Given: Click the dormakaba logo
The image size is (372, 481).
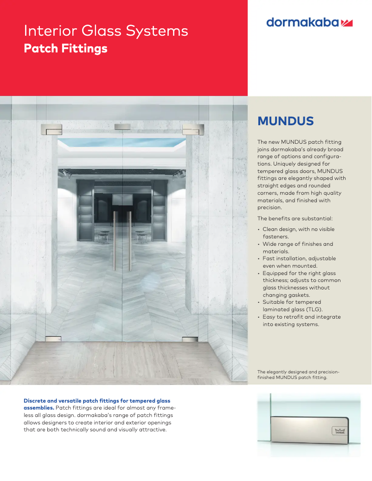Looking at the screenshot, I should point(309,22).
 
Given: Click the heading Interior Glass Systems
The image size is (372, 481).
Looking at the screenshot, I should point(106,31).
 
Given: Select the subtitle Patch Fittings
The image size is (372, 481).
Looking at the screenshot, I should point(65,48).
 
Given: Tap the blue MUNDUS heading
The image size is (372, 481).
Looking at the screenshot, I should point(285,121).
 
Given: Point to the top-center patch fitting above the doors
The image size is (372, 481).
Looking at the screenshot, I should point(122,127).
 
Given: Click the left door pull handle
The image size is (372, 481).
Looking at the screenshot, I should point(114,241).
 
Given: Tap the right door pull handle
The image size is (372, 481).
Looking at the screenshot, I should point(130,241).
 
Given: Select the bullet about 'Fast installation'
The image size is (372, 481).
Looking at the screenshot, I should point(299,262).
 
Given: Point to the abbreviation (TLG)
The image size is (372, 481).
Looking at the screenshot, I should point(313,309).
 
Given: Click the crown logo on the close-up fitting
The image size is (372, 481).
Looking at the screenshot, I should point(339,431).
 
